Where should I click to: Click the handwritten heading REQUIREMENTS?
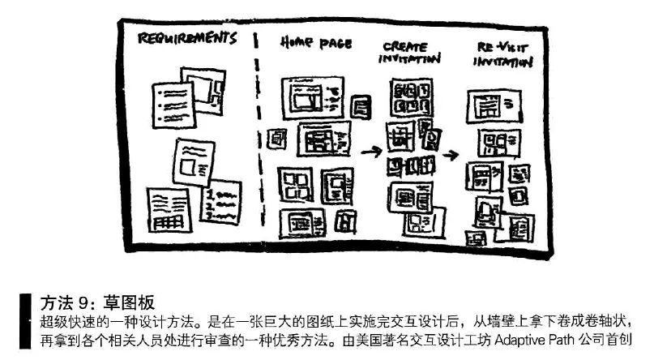tap(186, 38)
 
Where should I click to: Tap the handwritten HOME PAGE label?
tap(316, 41)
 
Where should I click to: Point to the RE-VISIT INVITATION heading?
tap(502, 55)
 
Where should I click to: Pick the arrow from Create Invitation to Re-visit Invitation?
tap(450, 154)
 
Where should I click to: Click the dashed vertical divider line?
tap(258, 130)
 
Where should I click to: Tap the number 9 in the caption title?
tap(89, 303)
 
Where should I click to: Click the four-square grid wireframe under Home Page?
tap(295, 183)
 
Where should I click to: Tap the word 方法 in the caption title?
tap(58, 303)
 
